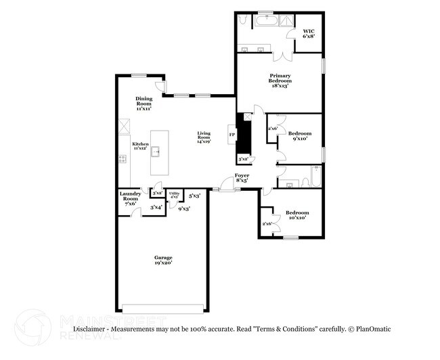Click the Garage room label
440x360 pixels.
tap(162, 260)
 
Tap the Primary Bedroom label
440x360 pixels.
tap(280, 81)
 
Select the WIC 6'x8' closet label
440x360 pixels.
tap(309, 33)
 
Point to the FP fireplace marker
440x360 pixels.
tap(232, 135)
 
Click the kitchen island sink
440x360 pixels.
tap(156, 151)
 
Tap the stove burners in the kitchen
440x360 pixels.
tap(123, 160)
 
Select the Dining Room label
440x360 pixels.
tap(143, 103)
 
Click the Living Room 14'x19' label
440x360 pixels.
tap(204, 137)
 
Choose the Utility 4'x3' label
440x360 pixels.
tap(174, 196)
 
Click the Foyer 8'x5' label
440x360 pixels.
tap(242, 178)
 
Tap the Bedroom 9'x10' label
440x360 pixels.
tap(299, 137)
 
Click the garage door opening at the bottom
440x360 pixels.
tap(162, 309)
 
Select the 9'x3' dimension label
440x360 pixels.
tap(183, 209)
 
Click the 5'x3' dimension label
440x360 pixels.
tap(194, 196)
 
